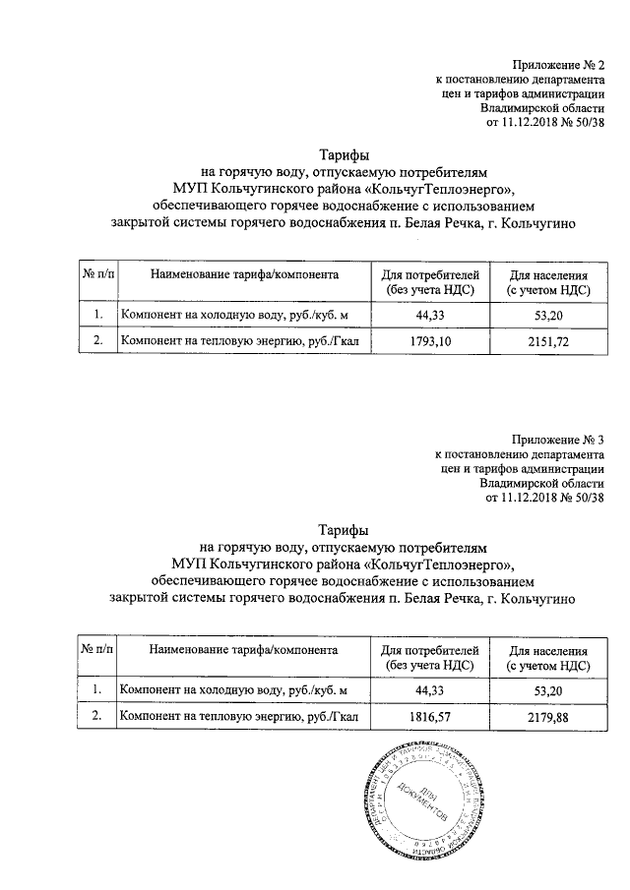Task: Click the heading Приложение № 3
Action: click(x=556, y=439)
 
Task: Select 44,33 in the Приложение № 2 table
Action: click(x=431, y=315)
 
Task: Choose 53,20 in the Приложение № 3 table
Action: click(x=547, y=691)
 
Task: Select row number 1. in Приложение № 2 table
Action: click(x=97, y=315)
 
